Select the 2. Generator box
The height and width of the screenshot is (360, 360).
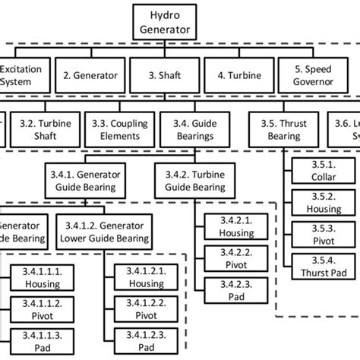tap(92, 75)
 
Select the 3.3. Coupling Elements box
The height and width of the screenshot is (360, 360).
tap(115, 129)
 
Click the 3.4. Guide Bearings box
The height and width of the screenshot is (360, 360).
tap(189, 129)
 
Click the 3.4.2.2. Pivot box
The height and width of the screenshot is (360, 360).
tap(228, 258)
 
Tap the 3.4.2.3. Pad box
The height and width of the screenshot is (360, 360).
tap(228, 289)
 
